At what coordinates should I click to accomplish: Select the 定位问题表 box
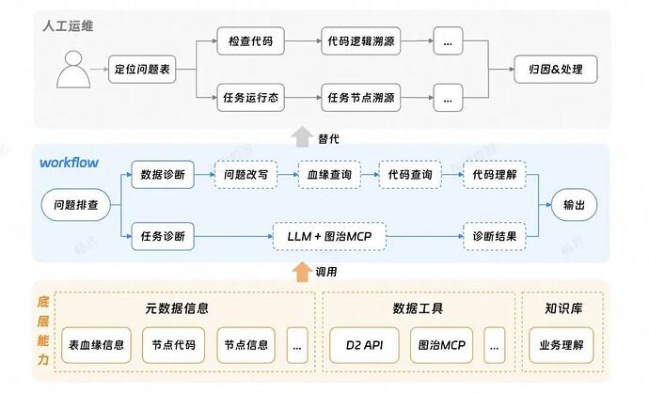click(142, 70)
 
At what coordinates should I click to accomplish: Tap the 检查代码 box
click(251, 41)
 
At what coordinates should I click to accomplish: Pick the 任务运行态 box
click(251, 96)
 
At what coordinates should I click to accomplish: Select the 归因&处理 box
click(554, 70)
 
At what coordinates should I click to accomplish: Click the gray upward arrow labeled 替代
click(301, 136)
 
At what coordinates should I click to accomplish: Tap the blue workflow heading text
click(69, 162)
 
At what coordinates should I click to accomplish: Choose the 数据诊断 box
click(162, 174)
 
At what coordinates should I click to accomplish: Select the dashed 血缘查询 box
click(328, 174)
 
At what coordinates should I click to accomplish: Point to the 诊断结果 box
click(494, 235)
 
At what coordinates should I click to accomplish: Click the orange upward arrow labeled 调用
click(301, 271)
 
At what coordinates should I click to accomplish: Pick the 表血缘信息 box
click(93, 344)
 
